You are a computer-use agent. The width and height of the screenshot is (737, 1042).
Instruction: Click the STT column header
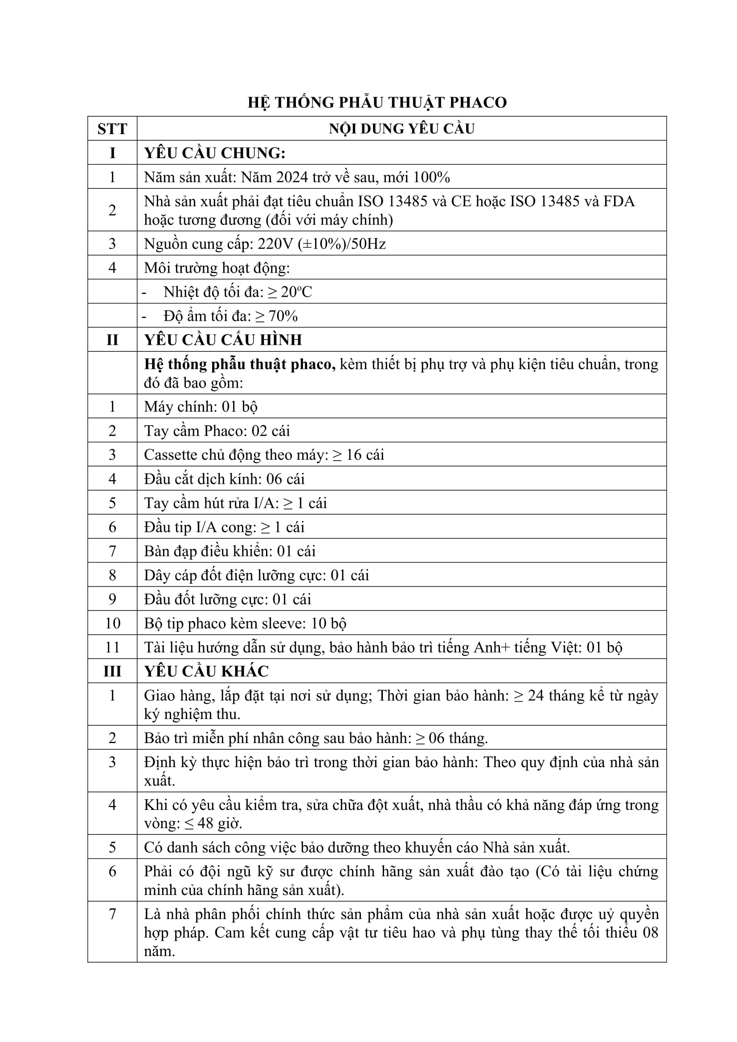tap(112, 129)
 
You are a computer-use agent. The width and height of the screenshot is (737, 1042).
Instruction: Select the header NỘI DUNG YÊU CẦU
tap(401, 129)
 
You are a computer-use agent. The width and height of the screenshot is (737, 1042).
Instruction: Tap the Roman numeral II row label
tap(112, 340)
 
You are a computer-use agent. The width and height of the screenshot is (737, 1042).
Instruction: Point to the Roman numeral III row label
tap(112, 671)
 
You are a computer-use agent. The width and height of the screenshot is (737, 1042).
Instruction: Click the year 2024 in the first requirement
tap(292, 177)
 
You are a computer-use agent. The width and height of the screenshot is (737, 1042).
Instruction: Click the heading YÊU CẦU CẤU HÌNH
tap(223, 340)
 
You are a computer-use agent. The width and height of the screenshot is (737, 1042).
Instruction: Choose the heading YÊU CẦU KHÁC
tap(206, 671)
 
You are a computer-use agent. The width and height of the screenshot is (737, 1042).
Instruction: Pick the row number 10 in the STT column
tap(112, 623)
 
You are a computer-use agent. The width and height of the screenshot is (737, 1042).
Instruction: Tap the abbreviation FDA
tap(619, 201)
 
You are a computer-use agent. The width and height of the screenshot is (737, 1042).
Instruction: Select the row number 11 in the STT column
tap(112, 647)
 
